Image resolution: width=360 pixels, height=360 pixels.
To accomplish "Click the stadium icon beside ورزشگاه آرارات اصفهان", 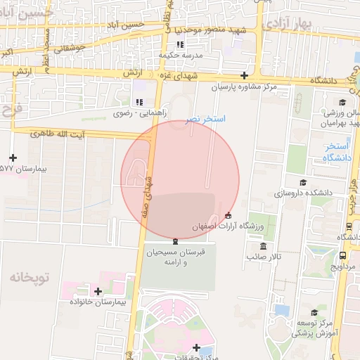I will [227, 215].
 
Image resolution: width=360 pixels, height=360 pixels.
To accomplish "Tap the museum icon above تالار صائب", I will [263, 246].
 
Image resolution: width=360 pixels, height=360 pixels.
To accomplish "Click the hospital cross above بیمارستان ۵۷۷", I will [13, 157].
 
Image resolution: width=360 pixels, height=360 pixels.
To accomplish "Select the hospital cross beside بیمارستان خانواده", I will [97, 291].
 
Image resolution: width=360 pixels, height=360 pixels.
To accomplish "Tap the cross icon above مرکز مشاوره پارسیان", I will [244, 75].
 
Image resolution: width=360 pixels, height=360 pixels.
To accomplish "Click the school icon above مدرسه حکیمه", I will [179, 44].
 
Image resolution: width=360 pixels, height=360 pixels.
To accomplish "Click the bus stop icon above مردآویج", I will [342, 255].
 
